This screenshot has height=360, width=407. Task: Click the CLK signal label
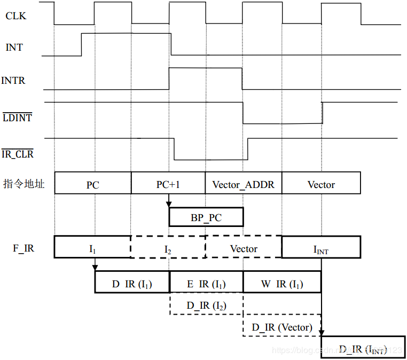click(x=15, y=16)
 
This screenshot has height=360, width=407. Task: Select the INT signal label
click(x=14, y=48)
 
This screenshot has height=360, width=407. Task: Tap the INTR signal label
click(x=13, y=81)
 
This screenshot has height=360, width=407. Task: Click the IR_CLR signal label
click(x=17, y=154)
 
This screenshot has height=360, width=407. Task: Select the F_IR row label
click(x=24, y=248)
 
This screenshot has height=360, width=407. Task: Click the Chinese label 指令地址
click(x=24, y=185)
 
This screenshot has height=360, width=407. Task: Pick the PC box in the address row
click(x=93, y=185)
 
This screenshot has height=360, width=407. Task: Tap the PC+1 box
click(x=168, y=184)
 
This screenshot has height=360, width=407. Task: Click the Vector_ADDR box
click(x=243, y=185)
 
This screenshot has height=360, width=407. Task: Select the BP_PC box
click(x=206, y=217)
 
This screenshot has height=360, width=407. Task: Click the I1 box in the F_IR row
click(x=92, y=248)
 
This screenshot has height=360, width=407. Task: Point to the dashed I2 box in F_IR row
click(x=168, y=248)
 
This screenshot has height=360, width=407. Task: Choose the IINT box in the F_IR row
click(x=321, y=248)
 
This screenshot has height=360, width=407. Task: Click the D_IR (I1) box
click(x=132, y=284)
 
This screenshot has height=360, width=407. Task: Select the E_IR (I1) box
click(x=206, y=284)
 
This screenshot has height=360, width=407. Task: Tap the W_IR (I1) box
click(x=281, y=284)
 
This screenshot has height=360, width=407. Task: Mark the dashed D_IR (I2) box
click(x=206, y=306)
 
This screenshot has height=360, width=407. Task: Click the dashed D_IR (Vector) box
click(x=281, y=327)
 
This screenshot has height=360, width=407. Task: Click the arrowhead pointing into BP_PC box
click(x=169, y=204)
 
